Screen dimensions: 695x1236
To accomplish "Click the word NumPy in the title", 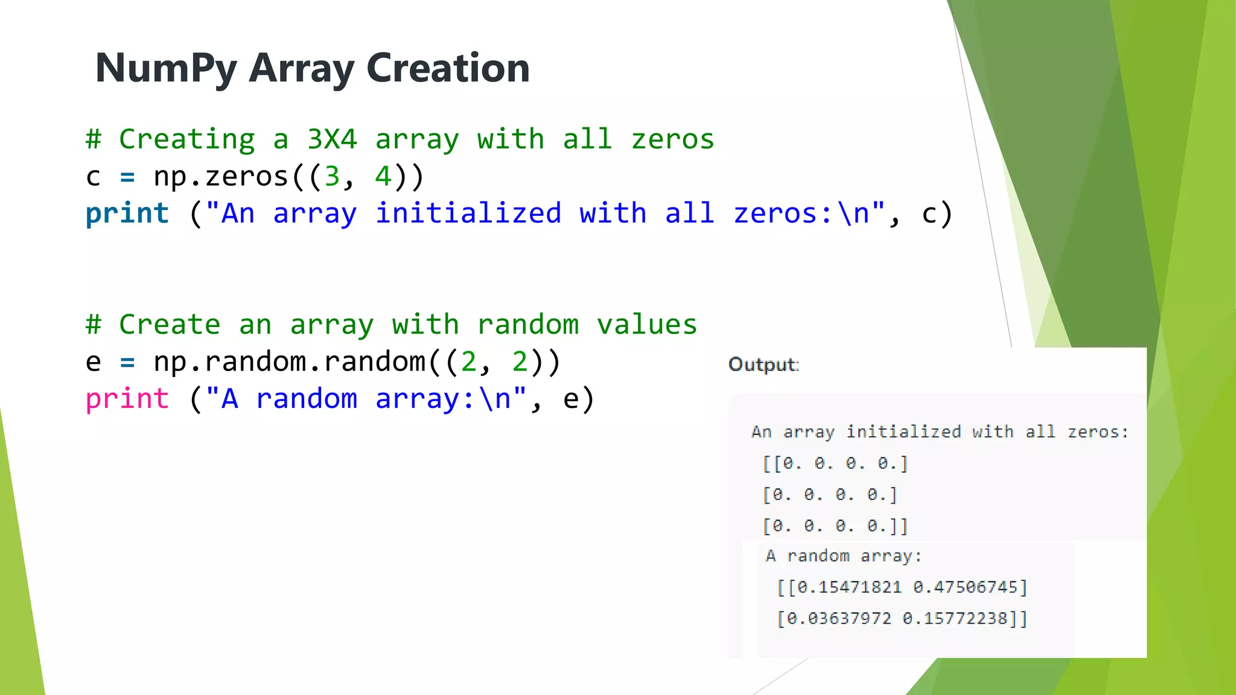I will click(x=167, y=68).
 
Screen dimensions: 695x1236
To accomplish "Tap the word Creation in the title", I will click(x=448, y=68).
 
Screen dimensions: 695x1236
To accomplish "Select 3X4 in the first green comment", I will click(x=332, y=139).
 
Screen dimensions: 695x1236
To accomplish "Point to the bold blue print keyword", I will click(x=127, y=214).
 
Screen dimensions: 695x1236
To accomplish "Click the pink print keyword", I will click(x=127, y=399).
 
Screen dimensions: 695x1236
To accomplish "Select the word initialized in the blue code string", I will click(x=468, y=214).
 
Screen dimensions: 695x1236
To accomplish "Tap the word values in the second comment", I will click(x=647, y=325).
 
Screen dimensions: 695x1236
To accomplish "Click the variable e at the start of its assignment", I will click(x=93, y=362).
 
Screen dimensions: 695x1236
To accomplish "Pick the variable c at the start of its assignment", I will click(x=93, y=177).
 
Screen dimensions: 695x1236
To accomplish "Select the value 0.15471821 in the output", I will click(x=850, y=587).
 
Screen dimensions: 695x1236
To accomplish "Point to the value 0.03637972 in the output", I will click(x=839, y=618).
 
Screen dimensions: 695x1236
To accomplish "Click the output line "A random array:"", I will click(x=843, y=556).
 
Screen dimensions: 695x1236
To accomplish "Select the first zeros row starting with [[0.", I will click(x=835, y=463).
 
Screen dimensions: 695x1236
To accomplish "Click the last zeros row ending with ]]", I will click(x=835, y=526).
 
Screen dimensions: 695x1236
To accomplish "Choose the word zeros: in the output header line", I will click(x=1097, y=432).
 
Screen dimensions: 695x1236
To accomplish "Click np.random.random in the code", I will click(x=290, y=362).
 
